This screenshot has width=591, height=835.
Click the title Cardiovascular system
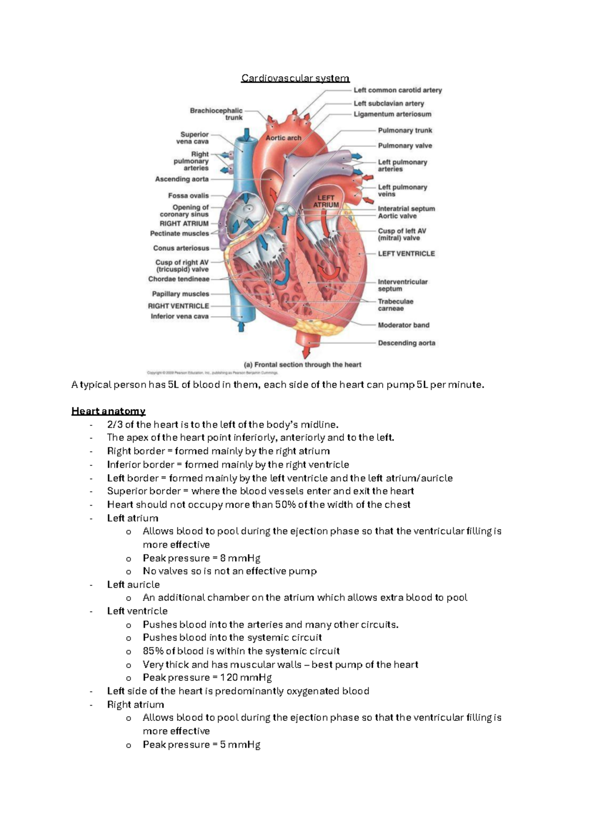tap(295, 78)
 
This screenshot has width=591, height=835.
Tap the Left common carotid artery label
tap(397, 91)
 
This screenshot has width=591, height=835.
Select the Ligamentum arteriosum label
tap(392, 114)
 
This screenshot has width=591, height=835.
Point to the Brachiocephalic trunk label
tap(216, 114)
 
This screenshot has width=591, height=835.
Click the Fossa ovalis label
tap(188, 196)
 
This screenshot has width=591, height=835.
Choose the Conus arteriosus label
tap(181, 248)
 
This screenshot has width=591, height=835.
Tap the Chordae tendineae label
tap(179, 279)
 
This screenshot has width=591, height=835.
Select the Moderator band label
tap(403, 325)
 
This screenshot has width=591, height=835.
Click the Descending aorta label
tap(406, 343)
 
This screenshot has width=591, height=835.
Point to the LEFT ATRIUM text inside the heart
tap(326, 201)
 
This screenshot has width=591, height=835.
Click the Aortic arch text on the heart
tap(283, 138)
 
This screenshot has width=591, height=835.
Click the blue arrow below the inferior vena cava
tap(241, 326)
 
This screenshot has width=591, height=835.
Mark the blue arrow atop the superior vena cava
tap(247, 133)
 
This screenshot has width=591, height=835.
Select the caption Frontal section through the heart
tap(302, 365)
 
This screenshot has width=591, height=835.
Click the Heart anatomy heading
tap(108, 411)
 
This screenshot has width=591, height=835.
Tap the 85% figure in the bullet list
tap(153, 651)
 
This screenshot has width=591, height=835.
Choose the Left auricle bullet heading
tap(133, 585)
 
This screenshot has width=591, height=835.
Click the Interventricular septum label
tap(402, 286)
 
